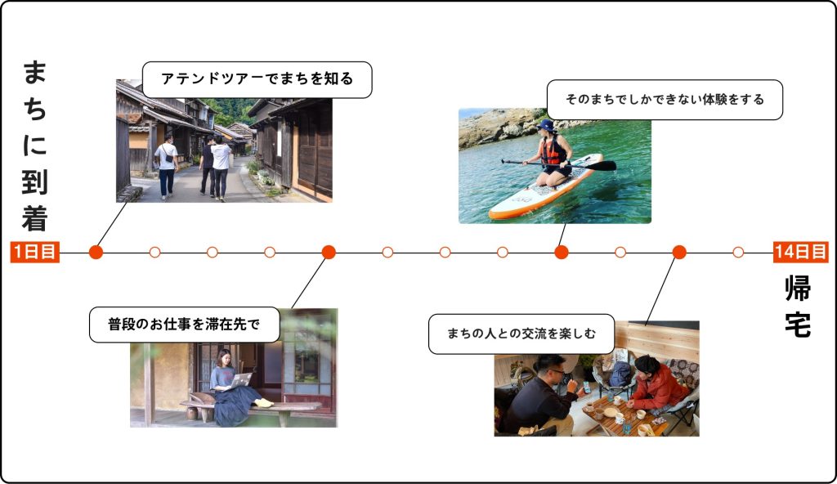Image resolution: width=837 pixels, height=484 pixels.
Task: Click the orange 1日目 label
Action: point(34,252)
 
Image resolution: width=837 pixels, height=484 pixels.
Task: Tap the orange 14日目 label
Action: point(801,252)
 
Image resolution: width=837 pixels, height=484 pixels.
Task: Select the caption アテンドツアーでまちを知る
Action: point(257,79)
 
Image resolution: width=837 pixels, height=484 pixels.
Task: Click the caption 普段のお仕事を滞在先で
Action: point(184,325)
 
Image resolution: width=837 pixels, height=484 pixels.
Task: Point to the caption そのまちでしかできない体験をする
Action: point(665,100)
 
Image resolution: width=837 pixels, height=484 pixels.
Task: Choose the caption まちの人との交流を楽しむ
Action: point(521,334)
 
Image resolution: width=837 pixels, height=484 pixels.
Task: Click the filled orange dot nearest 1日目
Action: point(96,252)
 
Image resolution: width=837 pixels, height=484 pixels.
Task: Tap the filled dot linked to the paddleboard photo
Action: point(562,252)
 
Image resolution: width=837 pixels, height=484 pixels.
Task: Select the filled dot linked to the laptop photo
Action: point(329,252)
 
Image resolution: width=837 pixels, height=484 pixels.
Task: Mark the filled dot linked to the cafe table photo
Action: point(679,252)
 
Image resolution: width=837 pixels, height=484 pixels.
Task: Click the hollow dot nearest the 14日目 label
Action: point(738,252)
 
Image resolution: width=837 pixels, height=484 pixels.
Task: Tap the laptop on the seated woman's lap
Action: point(241,380)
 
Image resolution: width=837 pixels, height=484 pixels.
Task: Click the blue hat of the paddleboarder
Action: point(546,126)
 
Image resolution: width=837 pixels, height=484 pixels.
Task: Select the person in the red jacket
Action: point(658,386)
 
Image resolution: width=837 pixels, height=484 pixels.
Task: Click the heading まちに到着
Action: point(35,146)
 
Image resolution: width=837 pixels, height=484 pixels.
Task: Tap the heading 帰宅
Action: point(798,306)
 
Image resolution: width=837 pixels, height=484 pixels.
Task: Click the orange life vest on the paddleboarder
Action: point(553,150)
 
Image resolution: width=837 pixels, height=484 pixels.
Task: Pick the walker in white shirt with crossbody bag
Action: point(167,166)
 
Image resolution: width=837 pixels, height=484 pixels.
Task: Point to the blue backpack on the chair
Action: point(620,374)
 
